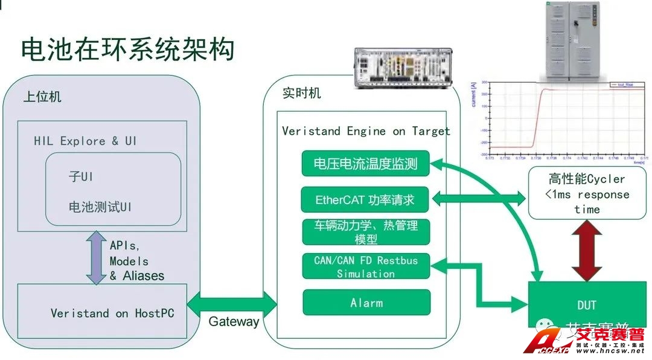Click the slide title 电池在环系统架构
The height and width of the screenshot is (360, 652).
[127, 50]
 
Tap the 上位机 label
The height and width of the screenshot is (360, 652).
[42, 97]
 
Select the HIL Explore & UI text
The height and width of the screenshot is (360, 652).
[85, 141]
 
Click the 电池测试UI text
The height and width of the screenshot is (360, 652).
[100, 207]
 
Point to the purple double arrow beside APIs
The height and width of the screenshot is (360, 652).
[95, 258]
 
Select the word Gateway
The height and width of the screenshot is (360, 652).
[234, 321]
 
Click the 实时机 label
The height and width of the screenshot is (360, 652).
[302, 94]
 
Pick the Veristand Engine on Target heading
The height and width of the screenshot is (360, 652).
[366, 131]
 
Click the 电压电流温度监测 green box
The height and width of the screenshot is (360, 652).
[365, 164]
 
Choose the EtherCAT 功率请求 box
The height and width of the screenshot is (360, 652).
[365, 199]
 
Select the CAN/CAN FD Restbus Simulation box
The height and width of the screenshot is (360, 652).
[365, 266]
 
